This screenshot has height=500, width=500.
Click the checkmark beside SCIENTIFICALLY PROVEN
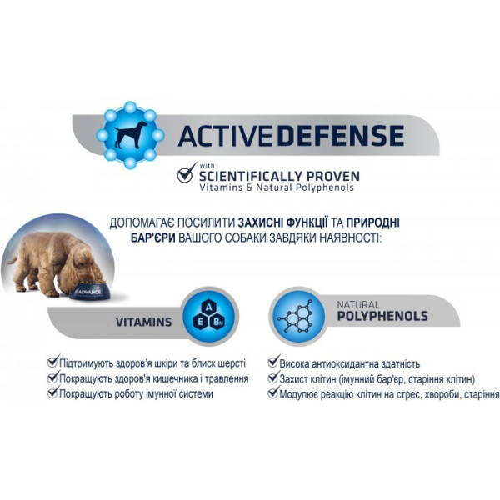[185, 176]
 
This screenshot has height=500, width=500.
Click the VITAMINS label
[143, 322]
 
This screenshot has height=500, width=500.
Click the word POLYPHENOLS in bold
[382, 317]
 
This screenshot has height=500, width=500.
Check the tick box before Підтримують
[53, 362]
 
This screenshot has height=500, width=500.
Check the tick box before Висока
[272, 362]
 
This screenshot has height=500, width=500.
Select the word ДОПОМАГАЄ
[144, 222]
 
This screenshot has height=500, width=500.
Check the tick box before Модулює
[272, 392]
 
